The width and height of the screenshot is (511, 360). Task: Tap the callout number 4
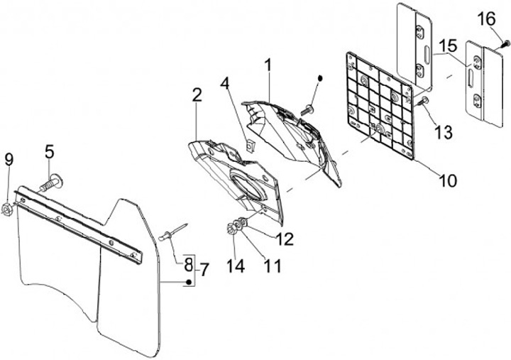tap(224, 82)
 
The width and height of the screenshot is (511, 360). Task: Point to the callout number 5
tap(49, 151)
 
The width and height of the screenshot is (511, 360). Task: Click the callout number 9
tap(9, 159)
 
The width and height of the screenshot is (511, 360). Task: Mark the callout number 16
tap(486, 18)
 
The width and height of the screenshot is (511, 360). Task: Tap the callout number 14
tap(234, 266)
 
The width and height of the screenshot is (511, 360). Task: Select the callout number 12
tap(285, 239)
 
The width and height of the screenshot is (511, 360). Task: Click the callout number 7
tap(204, 269)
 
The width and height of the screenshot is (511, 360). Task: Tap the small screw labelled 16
tap(505, 44)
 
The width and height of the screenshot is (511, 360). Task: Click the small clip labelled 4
tap(249, 147)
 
